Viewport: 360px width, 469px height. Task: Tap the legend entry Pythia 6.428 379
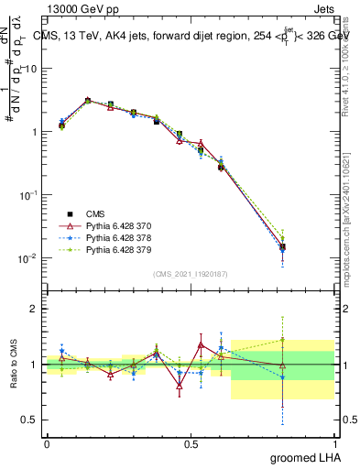point(110,248)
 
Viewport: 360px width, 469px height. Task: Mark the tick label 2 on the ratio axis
point(35,310)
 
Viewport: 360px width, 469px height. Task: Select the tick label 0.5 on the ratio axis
point(30,420)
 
